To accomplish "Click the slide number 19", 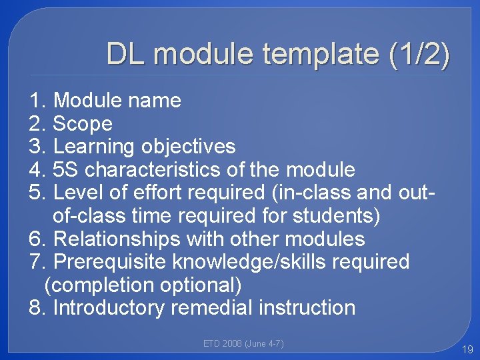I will coord(466,349).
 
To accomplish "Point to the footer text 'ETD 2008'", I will coord(222,344).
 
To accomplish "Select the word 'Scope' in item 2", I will coord(82,123).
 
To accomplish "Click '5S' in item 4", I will coord(66,169).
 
